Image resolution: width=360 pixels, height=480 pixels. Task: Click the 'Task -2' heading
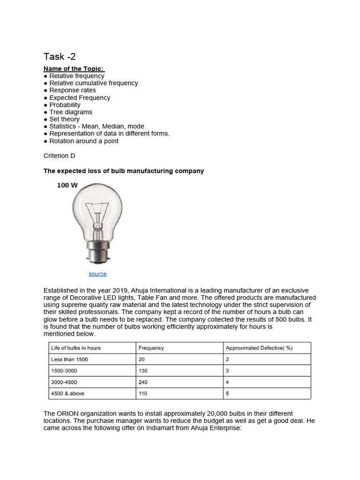60,57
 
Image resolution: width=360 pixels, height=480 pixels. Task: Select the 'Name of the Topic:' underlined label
74,69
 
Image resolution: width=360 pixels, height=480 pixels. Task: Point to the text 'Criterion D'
60,156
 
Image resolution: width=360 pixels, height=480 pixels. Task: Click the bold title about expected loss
124,171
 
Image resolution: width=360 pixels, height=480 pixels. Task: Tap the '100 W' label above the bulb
67,186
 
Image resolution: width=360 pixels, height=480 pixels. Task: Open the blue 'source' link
97,274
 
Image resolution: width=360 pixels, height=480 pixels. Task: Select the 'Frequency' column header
151,348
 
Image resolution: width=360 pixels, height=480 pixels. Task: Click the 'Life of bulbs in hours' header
76,348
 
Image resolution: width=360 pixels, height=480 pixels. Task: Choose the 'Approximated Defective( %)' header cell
259,348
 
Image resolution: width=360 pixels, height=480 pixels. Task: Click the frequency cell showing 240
143,382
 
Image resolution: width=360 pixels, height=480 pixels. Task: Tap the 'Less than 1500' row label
69,360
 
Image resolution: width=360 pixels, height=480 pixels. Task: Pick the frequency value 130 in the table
143,371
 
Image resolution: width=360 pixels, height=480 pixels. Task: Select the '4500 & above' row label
68,394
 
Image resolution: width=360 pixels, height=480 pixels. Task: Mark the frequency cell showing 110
143,394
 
